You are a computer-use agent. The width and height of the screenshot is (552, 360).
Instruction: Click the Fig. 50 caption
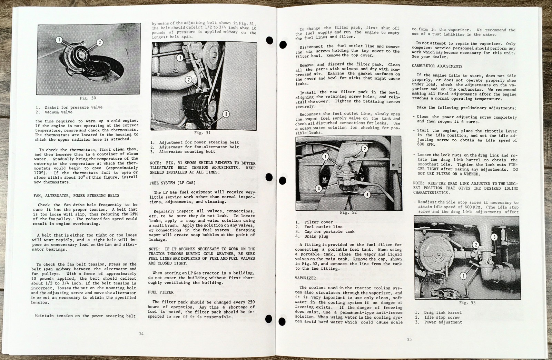point(88,98)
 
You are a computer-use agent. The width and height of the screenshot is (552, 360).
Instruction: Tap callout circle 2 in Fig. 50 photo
point(99,42)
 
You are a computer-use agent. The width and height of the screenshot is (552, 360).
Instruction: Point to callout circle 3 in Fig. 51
point(226,114)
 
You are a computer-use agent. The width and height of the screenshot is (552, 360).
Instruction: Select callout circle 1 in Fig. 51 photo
point(180,58)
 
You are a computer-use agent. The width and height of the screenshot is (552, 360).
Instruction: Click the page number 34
point(141,333)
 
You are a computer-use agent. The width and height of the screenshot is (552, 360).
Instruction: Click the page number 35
point(409,339)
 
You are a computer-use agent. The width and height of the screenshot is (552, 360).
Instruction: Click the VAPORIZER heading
point(305,278)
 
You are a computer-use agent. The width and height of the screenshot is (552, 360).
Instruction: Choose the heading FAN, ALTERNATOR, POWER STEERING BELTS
point(76,196)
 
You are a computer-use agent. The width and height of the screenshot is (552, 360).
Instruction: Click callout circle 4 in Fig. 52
point(367,194)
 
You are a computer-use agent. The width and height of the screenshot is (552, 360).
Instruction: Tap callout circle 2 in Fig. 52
point(365,149)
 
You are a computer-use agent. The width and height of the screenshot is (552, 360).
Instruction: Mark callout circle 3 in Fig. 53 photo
point(494,237)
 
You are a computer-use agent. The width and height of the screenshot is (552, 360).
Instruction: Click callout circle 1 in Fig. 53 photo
point(464,276)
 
